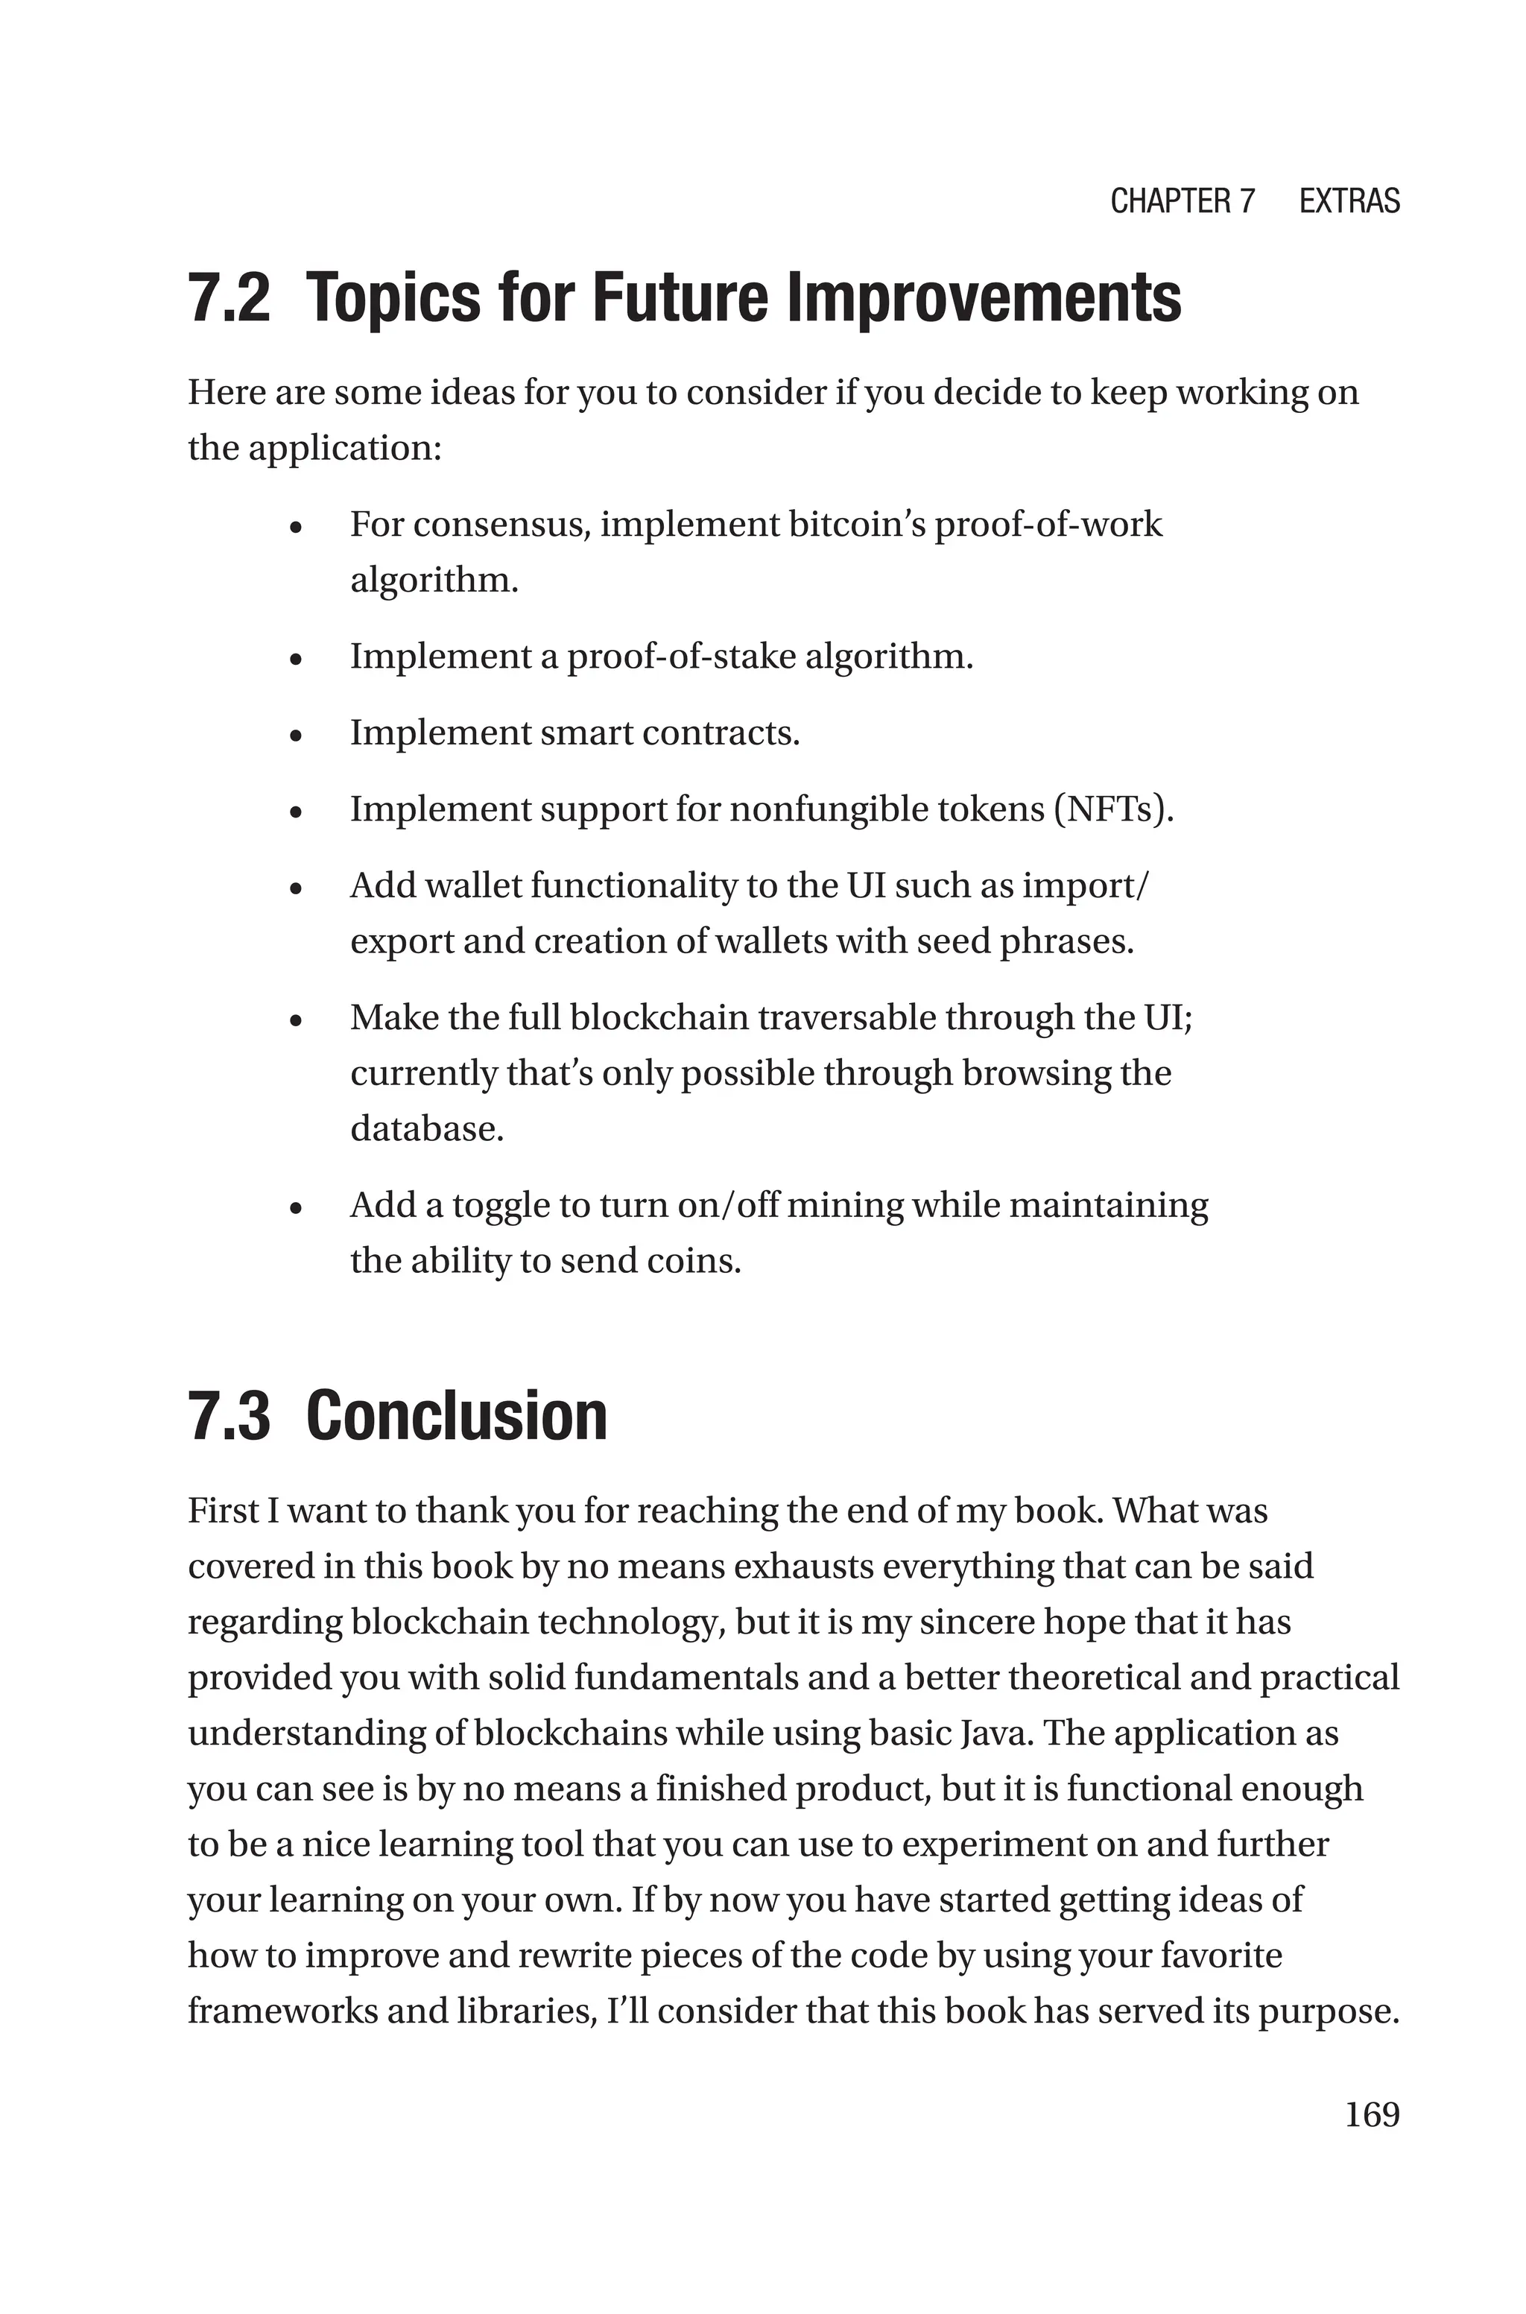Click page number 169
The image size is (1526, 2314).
pos(1371,2114)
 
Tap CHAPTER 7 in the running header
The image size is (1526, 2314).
pos(1183,201)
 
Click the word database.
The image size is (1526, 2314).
pos(426,1129)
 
